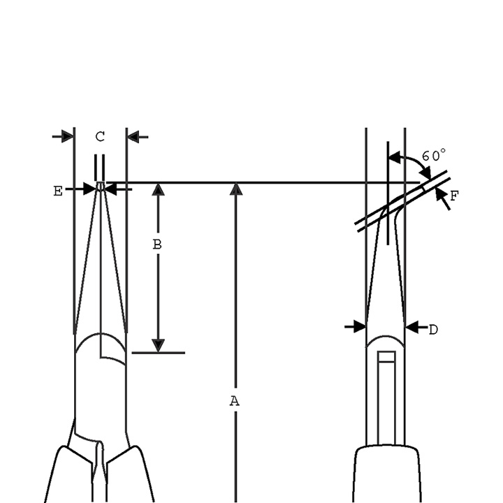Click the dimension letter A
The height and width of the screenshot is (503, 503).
pyautogui.click(x=235, y=400)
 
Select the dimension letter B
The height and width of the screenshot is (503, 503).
pyautogui.click(x=158, y=245)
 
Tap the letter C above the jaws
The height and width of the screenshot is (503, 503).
pyautogui.click(x=100, y=136)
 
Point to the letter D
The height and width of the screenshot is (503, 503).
pyautogui.click(x=433, y=329)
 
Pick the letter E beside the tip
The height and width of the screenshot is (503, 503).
pyautogui.click(x=58, y=190)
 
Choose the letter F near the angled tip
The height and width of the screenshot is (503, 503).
pyautogui.click(x=454, y=196)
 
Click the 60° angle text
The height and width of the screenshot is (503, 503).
pyautogui.click(x=434, y=155)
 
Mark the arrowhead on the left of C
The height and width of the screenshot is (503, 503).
pyautogui.click(x=67, y=136)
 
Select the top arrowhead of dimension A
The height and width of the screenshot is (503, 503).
pyautogui.click(x=236, y=189)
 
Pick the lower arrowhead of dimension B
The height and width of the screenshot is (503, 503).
pyautogui.click(x=159, y=345)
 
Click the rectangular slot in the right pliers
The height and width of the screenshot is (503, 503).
pyautogui.click(x=386, y=398)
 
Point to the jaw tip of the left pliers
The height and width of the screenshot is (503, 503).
pyautogui.click(x=101, y=187)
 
